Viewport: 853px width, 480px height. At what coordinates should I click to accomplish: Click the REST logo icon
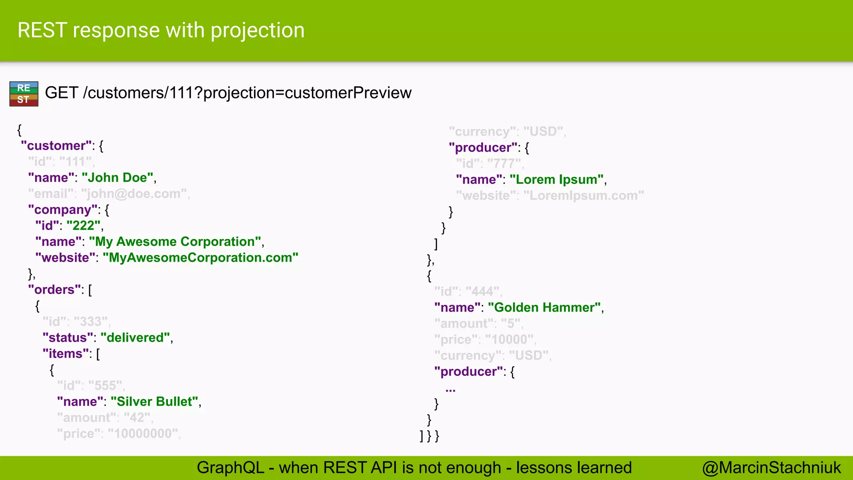(24, 94)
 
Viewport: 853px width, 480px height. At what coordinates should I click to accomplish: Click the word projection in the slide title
(257, 30)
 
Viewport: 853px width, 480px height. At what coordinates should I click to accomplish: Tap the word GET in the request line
(61, 92)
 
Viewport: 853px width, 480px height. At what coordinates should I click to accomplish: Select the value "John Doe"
(118, 177)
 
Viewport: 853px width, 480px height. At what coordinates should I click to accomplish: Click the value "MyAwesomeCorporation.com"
(200, 257)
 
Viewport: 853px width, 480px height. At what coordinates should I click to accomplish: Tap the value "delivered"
(135, 337)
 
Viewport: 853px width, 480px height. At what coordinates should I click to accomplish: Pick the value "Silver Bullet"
(155, 402)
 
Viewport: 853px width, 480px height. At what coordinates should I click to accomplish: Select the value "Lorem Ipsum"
(557, 180)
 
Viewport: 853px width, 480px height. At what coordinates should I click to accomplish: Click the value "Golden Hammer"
(544, 307)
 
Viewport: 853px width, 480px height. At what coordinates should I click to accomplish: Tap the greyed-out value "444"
(483, 292)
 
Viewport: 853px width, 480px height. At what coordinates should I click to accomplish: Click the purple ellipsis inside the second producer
(450, 389)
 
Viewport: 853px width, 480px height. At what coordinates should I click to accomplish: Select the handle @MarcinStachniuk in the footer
(771, 468)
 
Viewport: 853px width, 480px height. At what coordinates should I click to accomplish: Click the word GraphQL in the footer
(230, 468)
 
